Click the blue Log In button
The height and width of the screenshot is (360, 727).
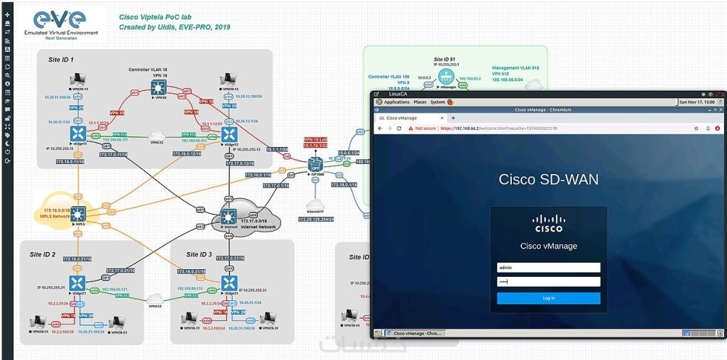click(x=548, y=298)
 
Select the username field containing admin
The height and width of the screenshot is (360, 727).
click(x=548, y=268)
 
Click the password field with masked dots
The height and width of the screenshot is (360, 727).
click(x=548, y=282)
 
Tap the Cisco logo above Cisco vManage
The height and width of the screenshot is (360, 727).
click(x=548, y=224)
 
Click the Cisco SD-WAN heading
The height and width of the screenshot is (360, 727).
click(x=548, y=180)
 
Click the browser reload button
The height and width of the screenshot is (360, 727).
click(x=399, y=129)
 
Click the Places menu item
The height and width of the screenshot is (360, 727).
click(x=420, y=102)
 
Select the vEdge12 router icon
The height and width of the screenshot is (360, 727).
click(x=229, y=133)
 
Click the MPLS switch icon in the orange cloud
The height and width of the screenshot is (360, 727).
click(x=77, y=212)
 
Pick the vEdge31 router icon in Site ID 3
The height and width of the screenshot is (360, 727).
click(x=229, y=283)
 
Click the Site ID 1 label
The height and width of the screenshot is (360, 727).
click(x=61, y=60)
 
